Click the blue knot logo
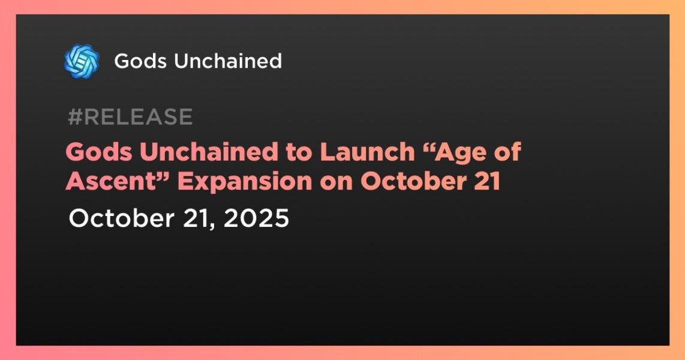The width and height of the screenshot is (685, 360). [x=82, y=61]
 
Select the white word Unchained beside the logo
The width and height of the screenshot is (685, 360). [x=227, y=61]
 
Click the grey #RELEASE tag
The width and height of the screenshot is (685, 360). [x=130, y=116]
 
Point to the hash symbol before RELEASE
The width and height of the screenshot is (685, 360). [x=76, y=116]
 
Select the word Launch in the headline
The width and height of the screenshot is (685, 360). [x=368, y=152]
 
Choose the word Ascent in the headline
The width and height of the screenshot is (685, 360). [x=111, y=181]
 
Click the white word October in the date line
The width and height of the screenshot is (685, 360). [x=121, y=218]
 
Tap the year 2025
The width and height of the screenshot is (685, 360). [x=256, y=218]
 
